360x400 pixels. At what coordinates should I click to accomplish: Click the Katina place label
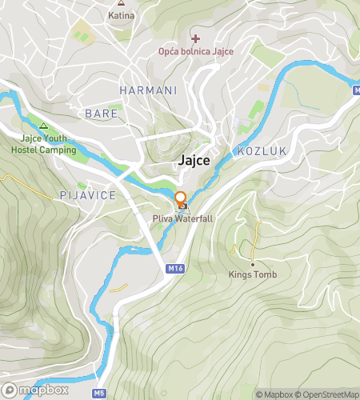(121, 15)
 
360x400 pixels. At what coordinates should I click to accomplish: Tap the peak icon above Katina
(121, 4)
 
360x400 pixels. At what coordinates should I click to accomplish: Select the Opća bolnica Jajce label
(195, 52)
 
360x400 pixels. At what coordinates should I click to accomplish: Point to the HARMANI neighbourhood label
(148, 90)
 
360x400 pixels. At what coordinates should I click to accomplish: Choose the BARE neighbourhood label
(102, 114)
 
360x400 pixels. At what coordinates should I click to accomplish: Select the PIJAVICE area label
(88, 195)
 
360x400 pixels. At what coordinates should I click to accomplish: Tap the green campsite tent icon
(43, 126)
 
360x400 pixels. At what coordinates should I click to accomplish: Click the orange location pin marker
(181, 199)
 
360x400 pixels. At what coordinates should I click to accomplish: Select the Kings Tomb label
(253, 276)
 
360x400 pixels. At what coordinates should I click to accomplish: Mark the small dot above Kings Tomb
(253, 265)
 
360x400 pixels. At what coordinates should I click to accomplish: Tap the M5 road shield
(98, 393)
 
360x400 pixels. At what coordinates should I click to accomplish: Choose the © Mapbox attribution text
(275, 394)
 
